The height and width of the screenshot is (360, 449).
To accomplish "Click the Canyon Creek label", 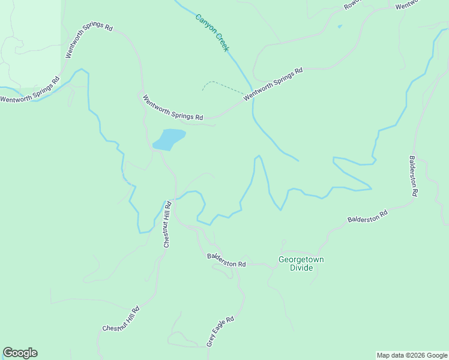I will (x=212, y=32).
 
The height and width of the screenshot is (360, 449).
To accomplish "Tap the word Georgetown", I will (x=301, y=260).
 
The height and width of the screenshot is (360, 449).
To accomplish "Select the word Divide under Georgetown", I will (x=301, y=268).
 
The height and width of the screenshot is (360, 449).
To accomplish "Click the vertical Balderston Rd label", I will (x=414, y=176).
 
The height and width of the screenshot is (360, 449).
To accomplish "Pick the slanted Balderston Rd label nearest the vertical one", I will (x=367, y=217).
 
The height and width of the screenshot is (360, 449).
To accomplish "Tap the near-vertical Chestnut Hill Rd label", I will (x=167, y=224).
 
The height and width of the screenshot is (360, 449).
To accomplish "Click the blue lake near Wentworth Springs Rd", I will (x=169, y=139).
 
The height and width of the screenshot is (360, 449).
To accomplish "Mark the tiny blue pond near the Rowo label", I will (x=340, y=26).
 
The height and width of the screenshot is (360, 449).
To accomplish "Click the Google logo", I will (x=20, y=353).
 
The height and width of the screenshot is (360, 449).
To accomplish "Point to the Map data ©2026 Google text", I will (x=412, y=355).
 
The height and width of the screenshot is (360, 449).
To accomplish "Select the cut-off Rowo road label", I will (x=352, y=5).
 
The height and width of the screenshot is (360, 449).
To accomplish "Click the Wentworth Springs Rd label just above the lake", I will (x=173, y=107).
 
